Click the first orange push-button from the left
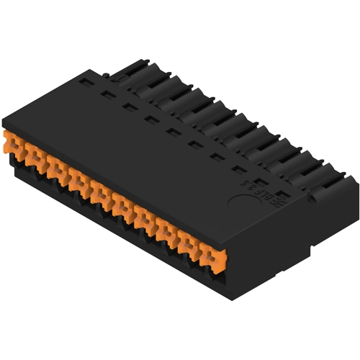point(14,144)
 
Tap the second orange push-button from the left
point(35,156)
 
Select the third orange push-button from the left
point(57,167)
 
